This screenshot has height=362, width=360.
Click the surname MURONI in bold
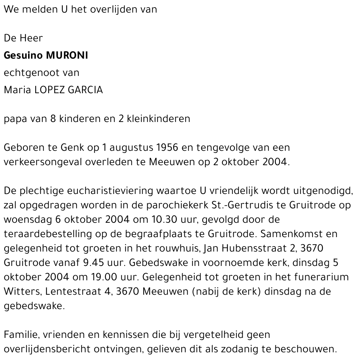coord(67,56)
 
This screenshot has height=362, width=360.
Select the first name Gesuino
coord(24,56)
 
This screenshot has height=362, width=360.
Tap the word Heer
coord(31,38)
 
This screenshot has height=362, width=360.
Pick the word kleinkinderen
coord(158,119)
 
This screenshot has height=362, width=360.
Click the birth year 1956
coord(169,148)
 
